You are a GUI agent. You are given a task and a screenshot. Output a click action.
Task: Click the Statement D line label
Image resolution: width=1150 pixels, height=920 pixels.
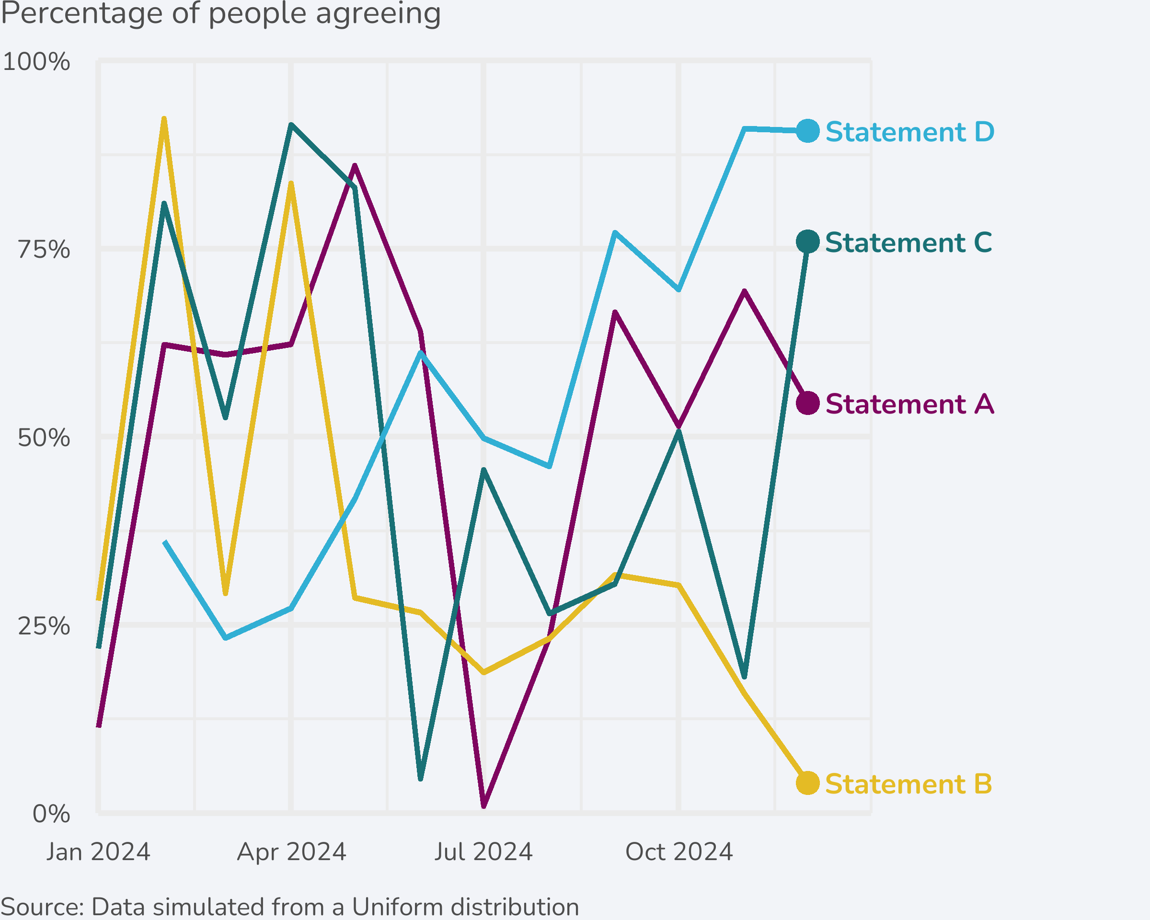(909, 132)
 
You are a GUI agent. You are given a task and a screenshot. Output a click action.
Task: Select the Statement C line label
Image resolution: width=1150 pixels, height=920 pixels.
(908, 242)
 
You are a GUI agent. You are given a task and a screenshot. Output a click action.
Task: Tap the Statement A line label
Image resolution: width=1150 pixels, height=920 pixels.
(909, 404)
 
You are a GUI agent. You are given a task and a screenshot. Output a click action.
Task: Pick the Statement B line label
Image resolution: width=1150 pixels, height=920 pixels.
(908, 784)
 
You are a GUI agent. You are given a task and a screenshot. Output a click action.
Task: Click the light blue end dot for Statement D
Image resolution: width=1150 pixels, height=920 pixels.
(807, 131)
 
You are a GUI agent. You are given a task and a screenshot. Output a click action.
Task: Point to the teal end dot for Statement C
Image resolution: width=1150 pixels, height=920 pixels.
(807, 241)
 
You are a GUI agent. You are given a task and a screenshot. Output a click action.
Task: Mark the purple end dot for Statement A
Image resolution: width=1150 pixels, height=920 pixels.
(807, 403)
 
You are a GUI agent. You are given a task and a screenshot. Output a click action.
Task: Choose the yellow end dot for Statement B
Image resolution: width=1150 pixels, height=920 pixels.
(807, 783)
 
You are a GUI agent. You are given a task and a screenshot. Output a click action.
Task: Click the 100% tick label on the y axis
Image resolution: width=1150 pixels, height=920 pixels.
(36, 62)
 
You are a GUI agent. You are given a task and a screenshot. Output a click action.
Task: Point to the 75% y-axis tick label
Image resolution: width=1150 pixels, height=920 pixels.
(44, 250)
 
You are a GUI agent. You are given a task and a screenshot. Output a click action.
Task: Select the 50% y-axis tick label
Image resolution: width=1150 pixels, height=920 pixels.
(44, 438)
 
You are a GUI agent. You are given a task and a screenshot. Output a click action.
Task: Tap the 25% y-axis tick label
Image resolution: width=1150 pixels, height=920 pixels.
(44, 626)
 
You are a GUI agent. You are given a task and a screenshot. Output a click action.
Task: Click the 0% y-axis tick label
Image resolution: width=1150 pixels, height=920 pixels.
(51, 814)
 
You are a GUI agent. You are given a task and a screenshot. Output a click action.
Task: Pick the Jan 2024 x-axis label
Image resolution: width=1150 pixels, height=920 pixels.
(98, 852)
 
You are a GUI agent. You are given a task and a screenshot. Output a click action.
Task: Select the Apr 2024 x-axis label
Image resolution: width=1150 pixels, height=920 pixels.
(292, 852)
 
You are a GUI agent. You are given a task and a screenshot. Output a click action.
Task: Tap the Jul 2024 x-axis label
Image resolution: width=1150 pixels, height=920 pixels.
(483, 852)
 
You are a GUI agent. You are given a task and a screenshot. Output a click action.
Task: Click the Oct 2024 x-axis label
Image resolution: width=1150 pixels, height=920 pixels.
(679, 852)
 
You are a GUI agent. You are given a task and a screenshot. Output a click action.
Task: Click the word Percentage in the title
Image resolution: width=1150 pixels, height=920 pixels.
(81, 14)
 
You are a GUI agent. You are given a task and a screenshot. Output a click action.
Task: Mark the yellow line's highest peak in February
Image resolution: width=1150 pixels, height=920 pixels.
(164, 119)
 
